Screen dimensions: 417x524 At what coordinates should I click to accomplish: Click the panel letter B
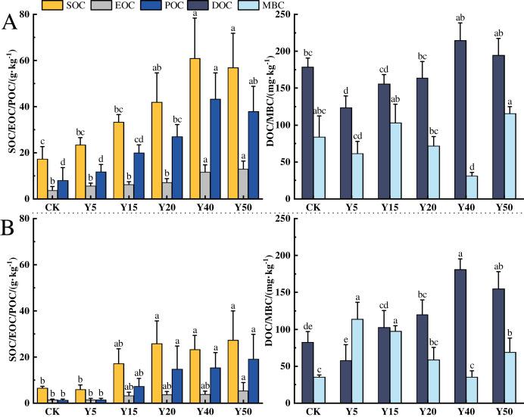tap(10, 226)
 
